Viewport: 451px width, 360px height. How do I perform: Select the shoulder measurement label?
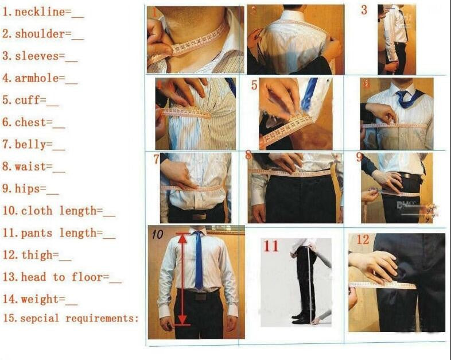pos(40,34)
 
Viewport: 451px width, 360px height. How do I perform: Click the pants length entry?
pos(60,233)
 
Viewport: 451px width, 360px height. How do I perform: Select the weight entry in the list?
pos(40,299)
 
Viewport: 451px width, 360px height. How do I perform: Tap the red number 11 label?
pos(271,246)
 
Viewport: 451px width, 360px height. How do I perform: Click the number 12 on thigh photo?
pos(363,240)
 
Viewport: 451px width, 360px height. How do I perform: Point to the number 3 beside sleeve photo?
pos(364,10)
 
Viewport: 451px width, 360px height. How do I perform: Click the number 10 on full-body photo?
pos(157,234)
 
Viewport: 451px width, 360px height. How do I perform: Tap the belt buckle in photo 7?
pos(199,216)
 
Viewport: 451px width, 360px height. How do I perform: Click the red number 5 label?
pos(254,86)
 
